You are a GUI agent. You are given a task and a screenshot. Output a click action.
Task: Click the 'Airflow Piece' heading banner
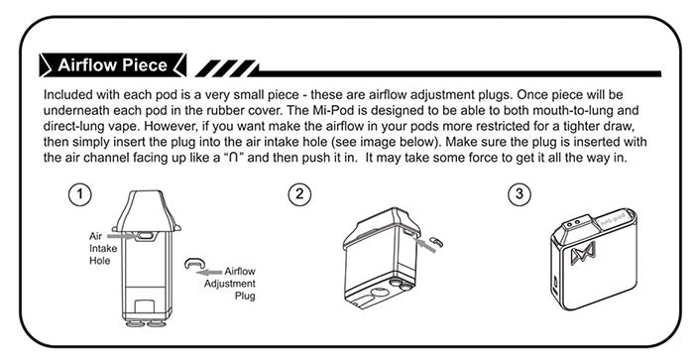112,65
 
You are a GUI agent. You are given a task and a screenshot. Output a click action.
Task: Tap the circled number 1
80,194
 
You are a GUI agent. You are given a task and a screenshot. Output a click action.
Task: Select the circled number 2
299,194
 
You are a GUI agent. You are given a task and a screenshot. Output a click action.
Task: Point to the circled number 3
520,194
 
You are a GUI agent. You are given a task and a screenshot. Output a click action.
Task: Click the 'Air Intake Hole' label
103,248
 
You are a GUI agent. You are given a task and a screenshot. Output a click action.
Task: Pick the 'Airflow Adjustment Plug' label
230,284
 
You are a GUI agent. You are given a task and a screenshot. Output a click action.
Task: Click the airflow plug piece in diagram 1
194,263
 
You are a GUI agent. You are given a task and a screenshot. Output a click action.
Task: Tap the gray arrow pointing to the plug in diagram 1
209,272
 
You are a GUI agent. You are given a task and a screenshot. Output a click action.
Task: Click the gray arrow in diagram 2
426,245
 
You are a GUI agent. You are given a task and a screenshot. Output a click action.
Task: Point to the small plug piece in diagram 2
436,241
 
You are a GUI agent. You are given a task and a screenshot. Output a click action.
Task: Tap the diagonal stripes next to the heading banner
226,68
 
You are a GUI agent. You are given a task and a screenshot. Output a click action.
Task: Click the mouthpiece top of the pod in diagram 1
147,210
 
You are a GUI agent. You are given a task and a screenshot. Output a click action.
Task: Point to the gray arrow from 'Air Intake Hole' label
121,236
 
